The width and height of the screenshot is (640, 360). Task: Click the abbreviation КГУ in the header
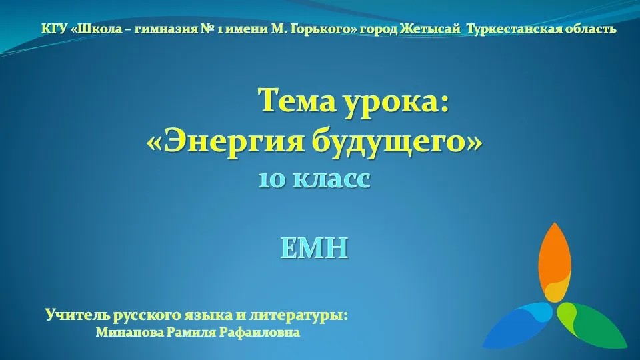click(x=54, y=29)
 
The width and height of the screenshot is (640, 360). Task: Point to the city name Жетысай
click(x=430, y=29)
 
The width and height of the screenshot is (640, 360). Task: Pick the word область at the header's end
click(x=588, y=29)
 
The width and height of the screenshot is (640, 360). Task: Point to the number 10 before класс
click(x=272, y=179)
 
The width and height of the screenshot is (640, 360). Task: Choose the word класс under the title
click(x=332, y=179)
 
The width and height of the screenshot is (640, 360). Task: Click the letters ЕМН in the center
click(x=314, y=248)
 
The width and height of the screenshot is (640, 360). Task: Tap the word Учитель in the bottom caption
click(x=77, y=315)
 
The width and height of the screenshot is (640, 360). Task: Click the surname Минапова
click(x=129, y=332)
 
